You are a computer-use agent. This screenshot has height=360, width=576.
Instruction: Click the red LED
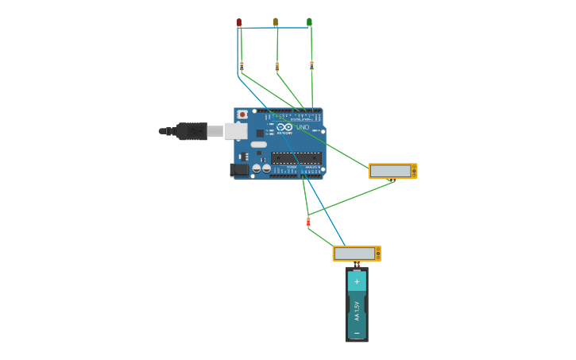coord(238,22)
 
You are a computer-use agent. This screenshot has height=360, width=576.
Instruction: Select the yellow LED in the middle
coord(276,22)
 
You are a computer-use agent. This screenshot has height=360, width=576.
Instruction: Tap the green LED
coord(309,22)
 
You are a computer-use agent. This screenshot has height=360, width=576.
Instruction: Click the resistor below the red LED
coord(242,65)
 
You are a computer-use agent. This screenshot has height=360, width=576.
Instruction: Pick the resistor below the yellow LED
coord(276,65)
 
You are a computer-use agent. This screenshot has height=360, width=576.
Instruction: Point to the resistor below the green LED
coord(311,64)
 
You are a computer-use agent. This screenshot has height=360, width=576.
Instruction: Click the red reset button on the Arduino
coord(242,114)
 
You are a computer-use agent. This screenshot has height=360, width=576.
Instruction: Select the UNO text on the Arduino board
coord(303,127)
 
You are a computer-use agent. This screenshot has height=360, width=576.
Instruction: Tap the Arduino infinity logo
coord(285,126)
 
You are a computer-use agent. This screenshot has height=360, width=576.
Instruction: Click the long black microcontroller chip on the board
coord(296,158)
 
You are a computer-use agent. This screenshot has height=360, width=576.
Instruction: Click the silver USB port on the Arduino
coord(236,131)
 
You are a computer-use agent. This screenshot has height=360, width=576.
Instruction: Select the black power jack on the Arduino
coord(238,169)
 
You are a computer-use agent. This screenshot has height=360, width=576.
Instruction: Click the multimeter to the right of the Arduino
coord(392,171)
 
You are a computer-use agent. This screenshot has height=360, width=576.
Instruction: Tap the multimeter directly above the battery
coord(356,254)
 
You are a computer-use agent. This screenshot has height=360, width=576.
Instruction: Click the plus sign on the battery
coord(357,281)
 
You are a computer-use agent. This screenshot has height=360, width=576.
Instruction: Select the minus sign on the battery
coord(357,332)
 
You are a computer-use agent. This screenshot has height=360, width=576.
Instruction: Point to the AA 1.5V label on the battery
coord(357,307)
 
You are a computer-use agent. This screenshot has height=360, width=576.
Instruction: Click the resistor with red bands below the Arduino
coord(308,222)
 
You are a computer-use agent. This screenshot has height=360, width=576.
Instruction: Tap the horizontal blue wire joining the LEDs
coord(274,28)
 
